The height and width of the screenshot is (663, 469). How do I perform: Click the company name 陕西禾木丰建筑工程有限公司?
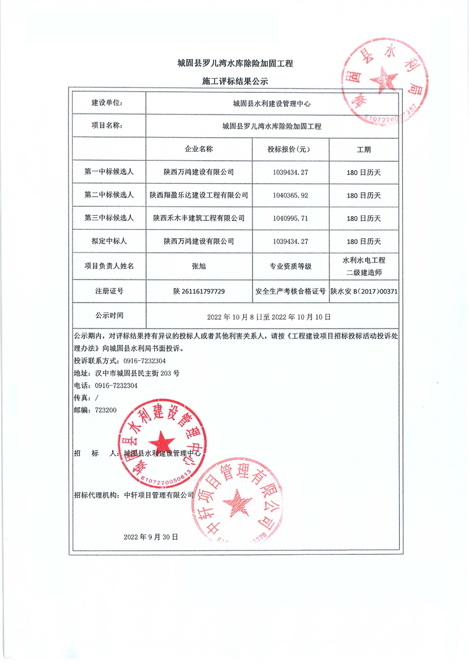(x=199, y=218)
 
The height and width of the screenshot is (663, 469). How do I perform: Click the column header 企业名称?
(x=199, y=149)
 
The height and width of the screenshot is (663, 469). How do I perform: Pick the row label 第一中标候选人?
(x=109, y=172)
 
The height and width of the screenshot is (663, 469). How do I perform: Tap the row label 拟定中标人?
(x=109, y=241)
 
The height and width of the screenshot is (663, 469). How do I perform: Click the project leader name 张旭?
(x=199, y=266)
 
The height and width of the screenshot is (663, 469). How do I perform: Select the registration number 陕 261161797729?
(x=199, y=291)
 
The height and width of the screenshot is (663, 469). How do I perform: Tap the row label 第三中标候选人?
(x=109, y=218)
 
